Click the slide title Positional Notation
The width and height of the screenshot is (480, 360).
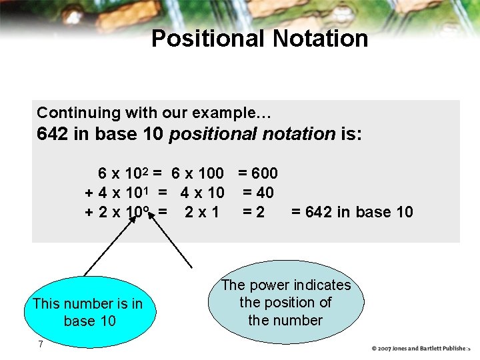(259, 39)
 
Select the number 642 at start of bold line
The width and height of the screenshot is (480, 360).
(53, 134)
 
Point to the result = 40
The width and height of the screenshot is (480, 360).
(258, 193)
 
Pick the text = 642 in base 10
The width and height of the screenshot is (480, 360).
(352, 213)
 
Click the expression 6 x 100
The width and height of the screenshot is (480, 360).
(197, 174)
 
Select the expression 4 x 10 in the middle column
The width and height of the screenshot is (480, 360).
(202, 193)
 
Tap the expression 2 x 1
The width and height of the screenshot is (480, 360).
(201, 213)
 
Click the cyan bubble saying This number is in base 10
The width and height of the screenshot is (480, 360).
(87, 312)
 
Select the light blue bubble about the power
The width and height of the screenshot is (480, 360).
(286, 302)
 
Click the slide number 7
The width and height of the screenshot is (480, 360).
(41, 344)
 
